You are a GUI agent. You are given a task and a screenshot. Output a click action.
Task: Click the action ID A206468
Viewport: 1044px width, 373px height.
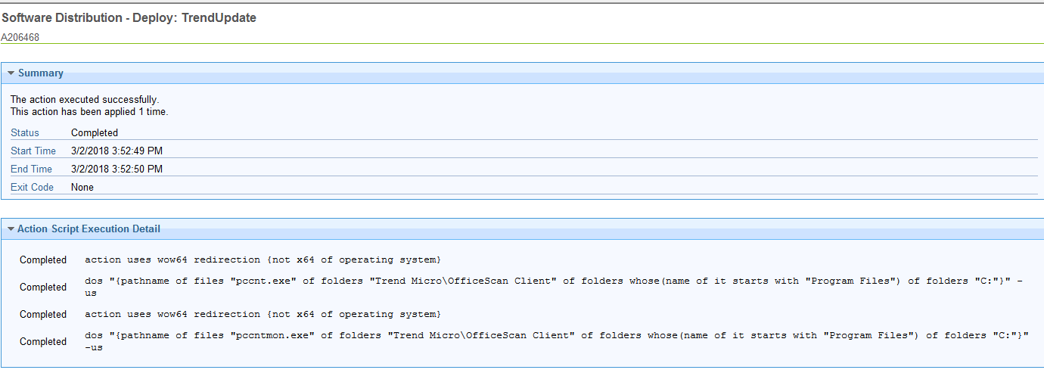20,37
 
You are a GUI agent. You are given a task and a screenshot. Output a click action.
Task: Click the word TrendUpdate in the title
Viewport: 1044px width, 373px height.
219,17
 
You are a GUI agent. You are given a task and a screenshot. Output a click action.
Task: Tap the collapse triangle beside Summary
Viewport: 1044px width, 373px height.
11,73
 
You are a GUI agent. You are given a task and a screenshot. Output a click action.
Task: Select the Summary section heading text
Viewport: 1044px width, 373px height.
41,73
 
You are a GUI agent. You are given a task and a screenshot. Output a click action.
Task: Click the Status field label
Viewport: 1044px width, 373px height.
25,133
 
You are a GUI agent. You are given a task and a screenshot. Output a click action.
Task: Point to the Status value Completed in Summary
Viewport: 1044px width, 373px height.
94,133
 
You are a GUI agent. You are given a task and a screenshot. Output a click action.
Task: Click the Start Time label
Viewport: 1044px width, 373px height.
33,151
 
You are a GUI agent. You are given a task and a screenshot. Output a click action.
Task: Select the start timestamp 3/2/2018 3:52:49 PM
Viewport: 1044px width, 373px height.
117,151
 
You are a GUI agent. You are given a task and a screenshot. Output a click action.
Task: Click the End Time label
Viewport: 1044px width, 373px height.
31,169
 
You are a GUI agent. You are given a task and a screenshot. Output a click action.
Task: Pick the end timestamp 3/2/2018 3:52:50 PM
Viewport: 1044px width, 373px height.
117,169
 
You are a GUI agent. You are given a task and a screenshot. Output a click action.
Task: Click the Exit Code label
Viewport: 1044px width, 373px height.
33,188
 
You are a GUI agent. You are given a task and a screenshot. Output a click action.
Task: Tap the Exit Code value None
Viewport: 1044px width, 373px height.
82,188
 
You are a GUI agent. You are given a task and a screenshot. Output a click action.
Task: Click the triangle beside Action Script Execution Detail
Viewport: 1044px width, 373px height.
11,229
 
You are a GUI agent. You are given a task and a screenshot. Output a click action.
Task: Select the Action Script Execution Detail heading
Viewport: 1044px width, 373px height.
89,229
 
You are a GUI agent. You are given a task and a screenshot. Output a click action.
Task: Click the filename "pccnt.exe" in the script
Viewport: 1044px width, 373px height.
263,281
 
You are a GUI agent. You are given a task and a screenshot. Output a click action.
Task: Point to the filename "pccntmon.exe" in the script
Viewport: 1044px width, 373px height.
272,335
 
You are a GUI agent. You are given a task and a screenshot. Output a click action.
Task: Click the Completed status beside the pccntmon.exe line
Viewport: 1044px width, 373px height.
43,342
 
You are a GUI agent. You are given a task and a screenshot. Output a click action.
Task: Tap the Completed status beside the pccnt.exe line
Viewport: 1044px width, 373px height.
43,288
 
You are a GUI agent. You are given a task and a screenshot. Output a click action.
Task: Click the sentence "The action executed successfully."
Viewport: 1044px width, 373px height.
85,100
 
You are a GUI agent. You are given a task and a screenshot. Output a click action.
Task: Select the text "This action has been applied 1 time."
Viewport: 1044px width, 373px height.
89,112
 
